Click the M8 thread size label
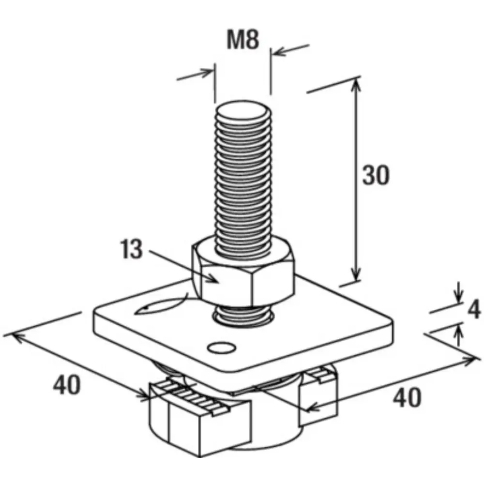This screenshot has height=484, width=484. tap(243, 40)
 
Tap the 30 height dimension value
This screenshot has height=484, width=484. tap(376, 175)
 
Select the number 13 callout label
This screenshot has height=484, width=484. tap(132, 249)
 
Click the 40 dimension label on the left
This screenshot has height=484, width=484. tap(67, 385)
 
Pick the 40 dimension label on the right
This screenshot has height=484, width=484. tap(407, 398)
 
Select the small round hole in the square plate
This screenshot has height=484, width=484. tap(222, 348)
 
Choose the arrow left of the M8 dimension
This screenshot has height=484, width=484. tap(195, 75)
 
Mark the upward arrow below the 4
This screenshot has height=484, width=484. tap(459, 336)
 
